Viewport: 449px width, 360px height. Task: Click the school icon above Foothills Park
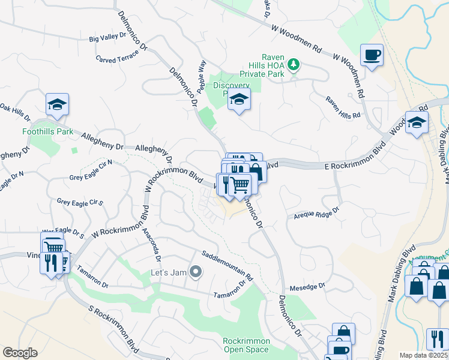coord(58,105)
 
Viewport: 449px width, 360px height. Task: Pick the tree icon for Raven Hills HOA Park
coord(293,63)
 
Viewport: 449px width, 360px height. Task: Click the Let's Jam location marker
coord(195,273)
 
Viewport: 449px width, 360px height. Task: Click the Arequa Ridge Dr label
coord(316,212)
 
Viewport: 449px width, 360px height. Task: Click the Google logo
coord(20,353)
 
